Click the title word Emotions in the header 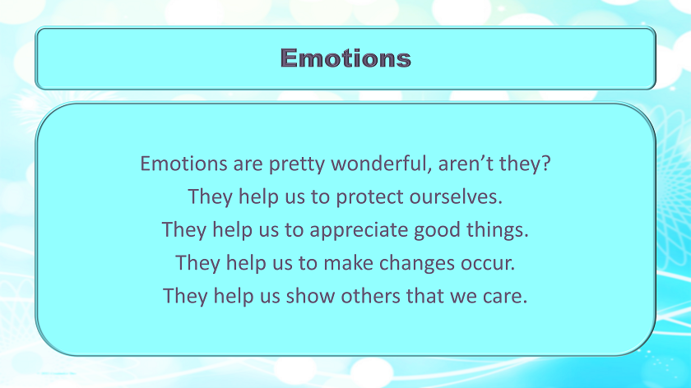345,58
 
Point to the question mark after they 545,164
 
